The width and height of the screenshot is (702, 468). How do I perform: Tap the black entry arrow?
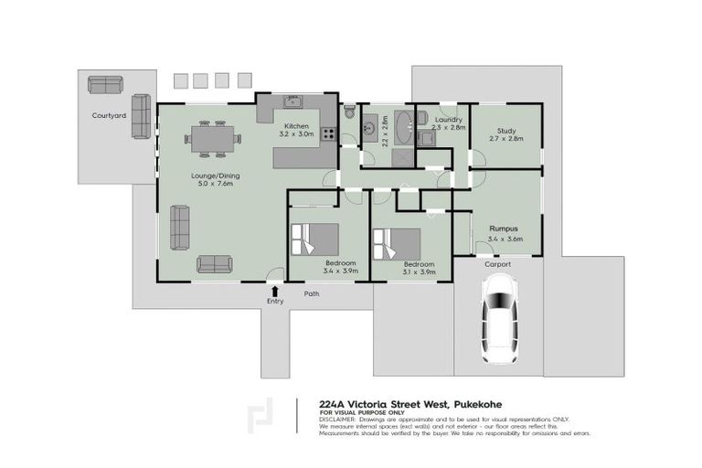point(275,291)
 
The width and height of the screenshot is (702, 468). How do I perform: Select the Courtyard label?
point(108,116)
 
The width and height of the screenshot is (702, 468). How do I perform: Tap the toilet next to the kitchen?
point(349,114)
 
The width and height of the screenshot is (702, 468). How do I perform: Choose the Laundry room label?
point(448,120)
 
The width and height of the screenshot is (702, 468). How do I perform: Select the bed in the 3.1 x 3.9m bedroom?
point(395,244)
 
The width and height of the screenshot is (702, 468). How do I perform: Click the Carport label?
point(497,264)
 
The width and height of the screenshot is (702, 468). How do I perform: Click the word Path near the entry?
point(312,294)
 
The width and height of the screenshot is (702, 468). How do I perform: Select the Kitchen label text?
point(297,125)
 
